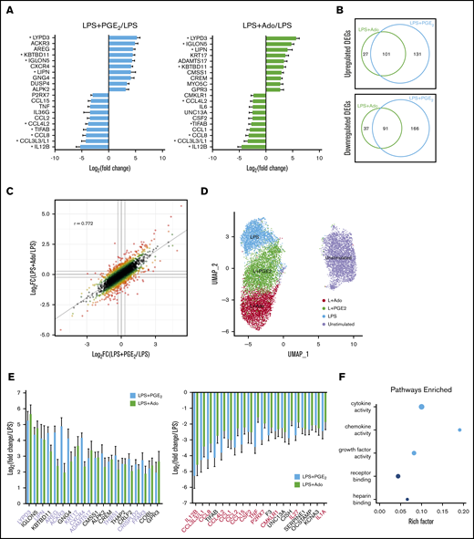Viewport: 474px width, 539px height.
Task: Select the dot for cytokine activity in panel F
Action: (421, 407)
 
